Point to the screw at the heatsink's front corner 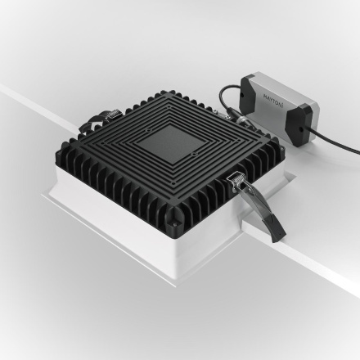click(x=175, y=219)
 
